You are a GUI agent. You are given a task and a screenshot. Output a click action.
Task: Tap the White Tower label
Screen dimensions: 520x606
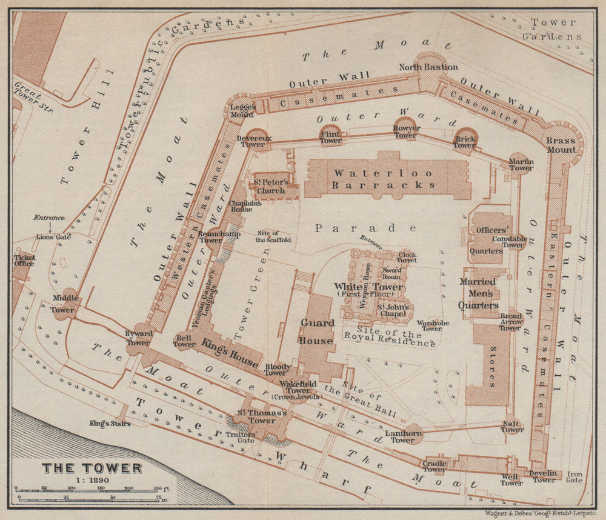click(x=368, y=287)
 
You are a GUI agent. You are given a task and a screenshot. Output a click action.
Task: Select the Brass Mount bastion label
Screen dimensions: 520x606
click(x=561, y=145)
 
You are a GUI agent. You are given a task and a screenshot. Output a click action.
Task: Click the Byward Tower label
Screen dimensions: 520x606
click(x=138, y=338)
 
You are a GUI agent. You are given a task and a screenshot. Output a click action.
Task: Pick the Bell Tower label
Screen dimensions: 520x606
click(x=184, y=341)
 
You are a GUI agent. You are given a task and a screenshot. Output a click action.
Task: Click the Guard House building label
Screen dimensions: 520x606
click(x=318, y=332)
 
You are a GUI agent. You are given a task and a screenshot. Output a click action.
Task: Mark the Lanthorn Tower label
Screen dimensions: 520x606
click(x=403, y=436)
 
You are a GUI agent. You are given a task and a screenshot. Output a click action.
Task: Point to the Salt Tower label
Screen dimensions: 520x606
click(x=512, y=426)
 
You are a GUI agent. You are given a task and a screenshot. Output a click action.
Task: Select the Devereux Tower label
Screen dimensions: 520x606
click(x=255, y=141)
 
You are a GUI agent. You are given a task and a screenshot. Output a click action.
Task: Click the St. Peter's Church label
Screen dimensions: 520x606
click(x=270, y=187)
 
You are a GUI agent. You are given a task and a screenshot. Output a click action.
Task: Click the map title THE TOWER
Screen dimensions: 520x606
click(x=92, y=468)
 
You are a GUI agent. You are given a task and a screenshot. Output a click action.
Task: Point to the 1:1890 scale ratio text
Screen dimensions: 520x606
click(x=92, y=480)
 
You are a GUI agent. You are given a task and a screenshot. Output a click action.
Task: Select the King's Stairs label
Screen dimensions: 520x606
click(x=110, y=423)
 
